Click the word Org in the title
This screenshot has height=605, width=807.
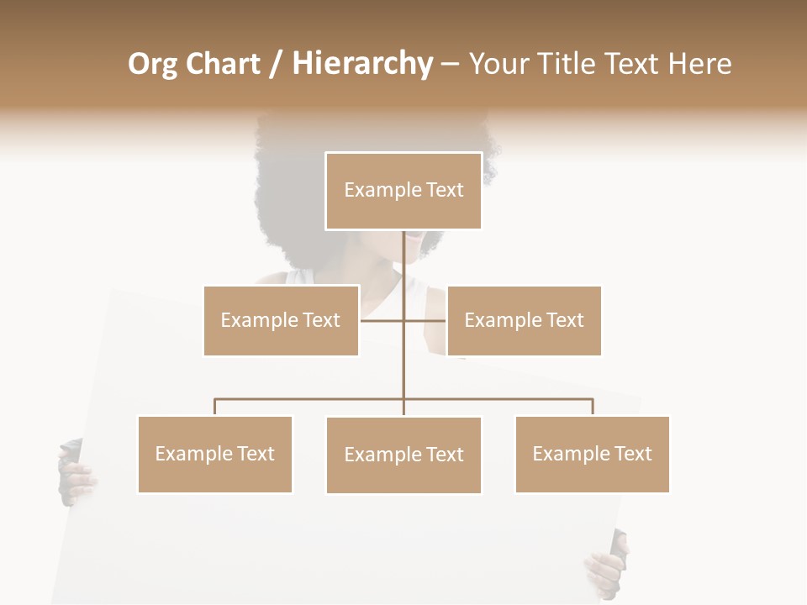pos(153,64)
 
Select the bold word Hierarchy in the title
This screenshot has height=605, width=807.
pos(362,64)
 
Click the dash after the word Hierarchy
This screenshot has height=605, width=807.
pos(450,64)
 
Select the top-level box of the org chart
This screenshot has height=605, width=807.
pos(403,191)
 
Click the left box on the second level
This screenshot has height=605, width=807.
pos(281,320)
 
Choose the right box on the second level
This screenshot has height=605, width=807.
pos(525,320)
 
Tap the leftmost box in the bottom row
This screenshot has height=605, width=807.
pos(215,454)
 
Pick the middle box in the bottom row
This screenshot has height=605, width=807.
pos(403,455)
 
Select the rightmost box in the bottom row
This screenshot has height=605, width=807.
pos(593,454)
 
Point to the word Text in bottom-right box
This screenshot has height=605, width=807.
pos(632,454)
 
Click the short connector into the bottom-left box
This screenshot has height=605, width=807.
pos(215,407)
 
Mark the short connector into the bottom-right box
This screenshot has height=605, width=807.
pos(593,407)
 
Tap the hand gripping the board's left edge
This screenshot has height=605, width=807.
pos(74,474)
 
